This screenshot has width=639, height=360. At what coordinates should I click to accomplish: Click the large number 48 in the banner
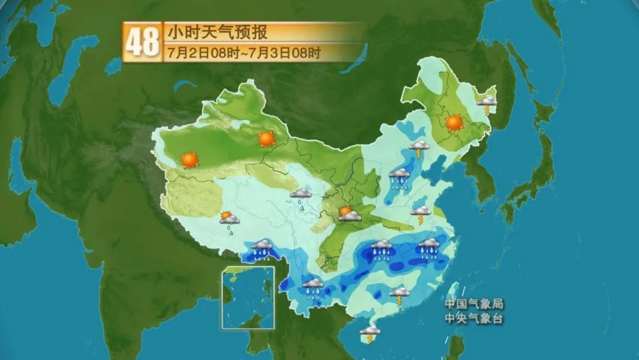click(143, 41)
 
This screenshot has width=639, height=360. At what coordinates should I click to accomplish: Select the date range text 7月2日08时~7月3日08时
click(244, 53)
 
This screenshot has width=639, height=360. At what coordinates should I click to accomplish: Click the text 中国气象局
click(475, 304)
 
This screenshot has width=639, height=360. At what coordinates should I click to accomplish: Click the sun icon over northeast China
click(454, 123)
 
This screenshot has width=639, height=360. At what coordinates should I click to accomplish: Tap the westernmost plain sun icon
click(189, 159)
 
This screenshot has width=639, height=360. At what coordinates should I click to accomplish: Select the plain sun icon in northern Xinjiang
click(267, 139)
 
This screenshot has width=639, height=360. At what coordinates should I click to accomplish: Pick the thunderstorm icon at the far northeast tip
click(488, 105)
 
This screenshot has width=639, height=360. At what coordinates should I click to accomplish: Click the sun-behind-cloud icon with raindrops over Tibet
click(229, 221)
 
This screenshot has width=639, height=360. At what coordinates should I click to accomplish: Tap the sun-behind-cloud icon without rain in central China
click(349, 213)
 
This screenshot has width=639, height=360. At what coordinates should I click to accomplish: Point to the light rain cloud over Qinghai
click(301, 197)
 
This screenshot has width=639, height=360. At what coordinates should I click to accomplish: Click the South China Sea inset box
click(248, 297)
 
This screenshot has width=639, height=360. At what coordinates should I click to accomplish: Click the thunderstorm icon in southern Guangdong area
click(400, 294)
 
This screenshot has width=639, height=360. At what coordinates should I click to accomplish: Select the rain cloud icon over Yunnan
click(313, 287)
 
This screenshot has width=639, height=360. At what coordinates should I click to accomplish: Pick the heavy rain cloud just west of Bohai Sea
click(400, 178)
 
